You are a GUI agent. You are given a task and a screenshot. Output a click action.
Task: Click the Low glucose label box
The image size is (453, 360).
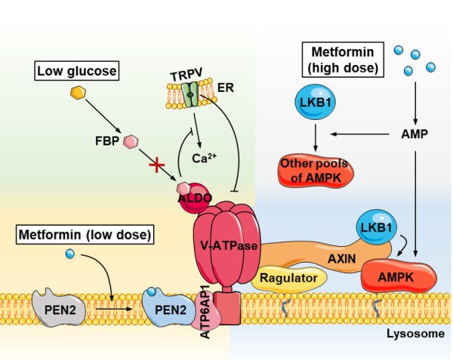[77, 71]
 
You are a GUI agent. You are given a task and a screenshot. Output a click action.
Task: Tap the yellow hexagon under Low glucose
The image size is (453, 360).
[79, 92]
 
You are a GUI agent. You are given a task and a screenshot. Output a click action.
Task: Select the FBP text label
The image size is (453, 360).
[107, 141]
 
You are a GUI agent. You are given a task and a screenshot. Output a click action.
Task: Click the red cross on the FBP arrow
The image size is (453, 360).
[156, 165]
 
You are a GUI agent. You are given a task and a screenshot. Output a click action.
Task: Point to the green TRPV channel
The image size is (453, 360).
[191, 94]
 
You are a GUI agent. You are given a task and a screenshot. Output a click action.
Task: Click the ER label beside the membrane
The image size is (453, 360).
[225, 88]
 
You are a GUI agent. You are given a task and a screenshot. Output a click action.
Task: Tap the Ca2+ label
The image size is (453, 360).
[204, 158]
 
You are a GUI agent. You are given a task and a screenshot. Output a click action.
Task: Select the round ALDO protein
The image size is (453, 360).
[194, 198]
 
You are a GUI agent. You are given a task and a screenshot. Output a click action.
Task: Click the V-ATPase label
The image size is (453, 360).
[229, 246]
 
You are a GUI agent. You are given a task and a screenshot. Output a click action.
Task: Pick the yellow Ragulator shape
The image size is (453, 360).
[289, 278]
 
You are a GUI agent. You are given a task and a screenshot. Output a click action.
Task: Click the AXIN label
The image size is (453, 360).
[342, 259]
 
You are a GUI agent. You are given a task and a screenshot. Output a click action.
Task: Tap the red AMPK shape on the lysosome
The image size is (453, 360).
[399, 276]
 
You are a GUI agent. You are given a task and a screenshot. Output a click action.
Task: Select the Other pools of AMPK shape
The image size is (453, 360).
[316, 171]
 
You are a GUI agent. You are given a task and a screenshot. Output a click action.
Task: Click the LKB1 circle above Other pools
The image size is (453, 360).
[315, 103]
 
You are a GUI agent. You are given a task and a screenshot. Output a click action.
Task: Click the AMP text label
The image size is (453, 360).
[414, 134]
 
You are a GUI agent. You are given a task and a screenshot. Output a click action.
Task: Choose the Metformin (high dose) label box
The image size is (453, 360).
[343, 60]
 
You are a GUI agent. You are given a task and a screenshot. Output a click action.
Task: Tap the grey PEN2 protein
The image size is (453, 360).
[59, 308]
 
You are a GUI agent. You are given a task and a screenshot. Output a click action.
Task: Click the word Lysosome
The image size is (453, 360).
[416, 334]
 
